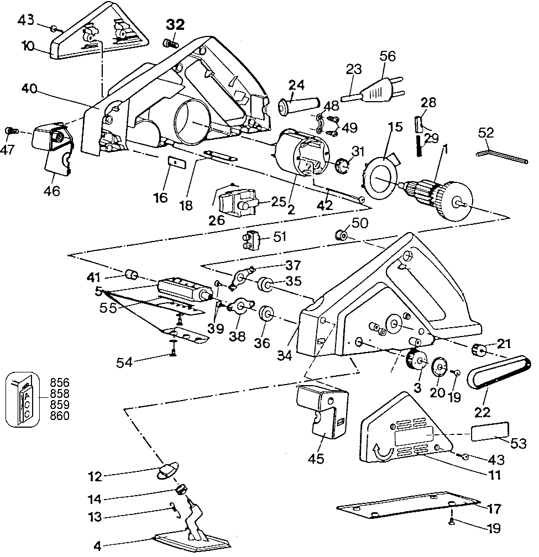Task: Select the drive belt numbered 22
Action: click(500, 376)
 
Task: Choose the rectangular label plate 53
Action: click(490, 432)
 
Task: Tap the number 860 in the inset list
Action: click(60, 416)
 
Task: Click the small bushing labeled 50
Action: click(341, 236)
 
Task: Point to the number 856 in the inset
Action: click(60, 382)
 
